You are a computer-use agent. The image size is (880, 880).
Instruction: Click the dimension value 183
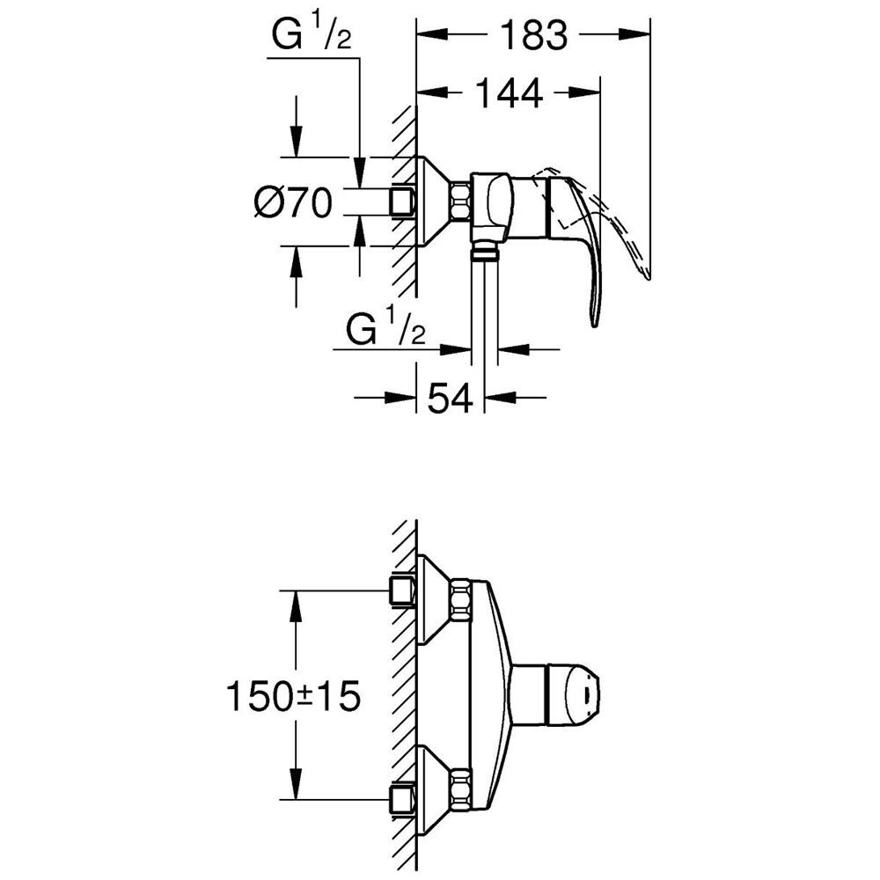coord(534,35)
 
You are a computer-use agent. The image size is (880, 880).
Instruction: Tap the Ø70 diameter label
coord(293,202)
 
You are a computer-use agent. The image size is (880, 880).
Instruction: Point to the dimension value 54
coord(450,399)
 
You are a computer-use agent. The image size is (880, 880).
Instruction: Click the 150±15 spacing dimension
coord(293,696)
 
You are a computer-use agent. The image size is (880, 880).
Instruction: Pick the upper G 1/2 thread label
coord(311,36)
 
